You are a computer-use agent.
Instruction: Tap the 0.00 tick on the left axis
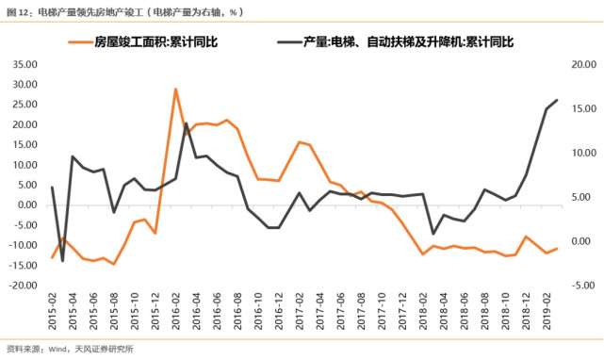click(x=26, y=205)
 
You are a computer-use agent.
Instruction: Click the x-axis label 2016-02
click(x=175, y=310)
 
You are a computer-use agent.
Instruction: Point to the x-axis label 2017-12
click(x=402, y=310)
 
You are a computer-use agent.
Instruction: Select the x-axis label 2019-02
click(x=547, y=310)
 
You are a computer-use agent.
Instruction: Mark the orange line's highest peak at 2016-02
click(x=176, y=90)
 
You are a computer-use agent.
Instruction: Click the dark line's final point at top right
click(x=557, y=100)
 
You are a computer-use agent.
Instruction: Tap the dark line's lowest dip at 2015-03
click(x=62, y=260)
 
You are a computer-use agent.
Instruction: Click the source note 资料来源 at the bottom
click(x=71, y=350)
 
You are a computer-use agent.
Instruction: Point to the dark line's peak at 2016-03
click(x=187, y=123)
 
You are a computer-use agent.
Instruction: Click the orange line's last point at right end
click(x=557, y=249)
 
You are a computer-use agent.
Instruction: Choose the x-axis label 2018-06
click(x=464, y=310)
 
